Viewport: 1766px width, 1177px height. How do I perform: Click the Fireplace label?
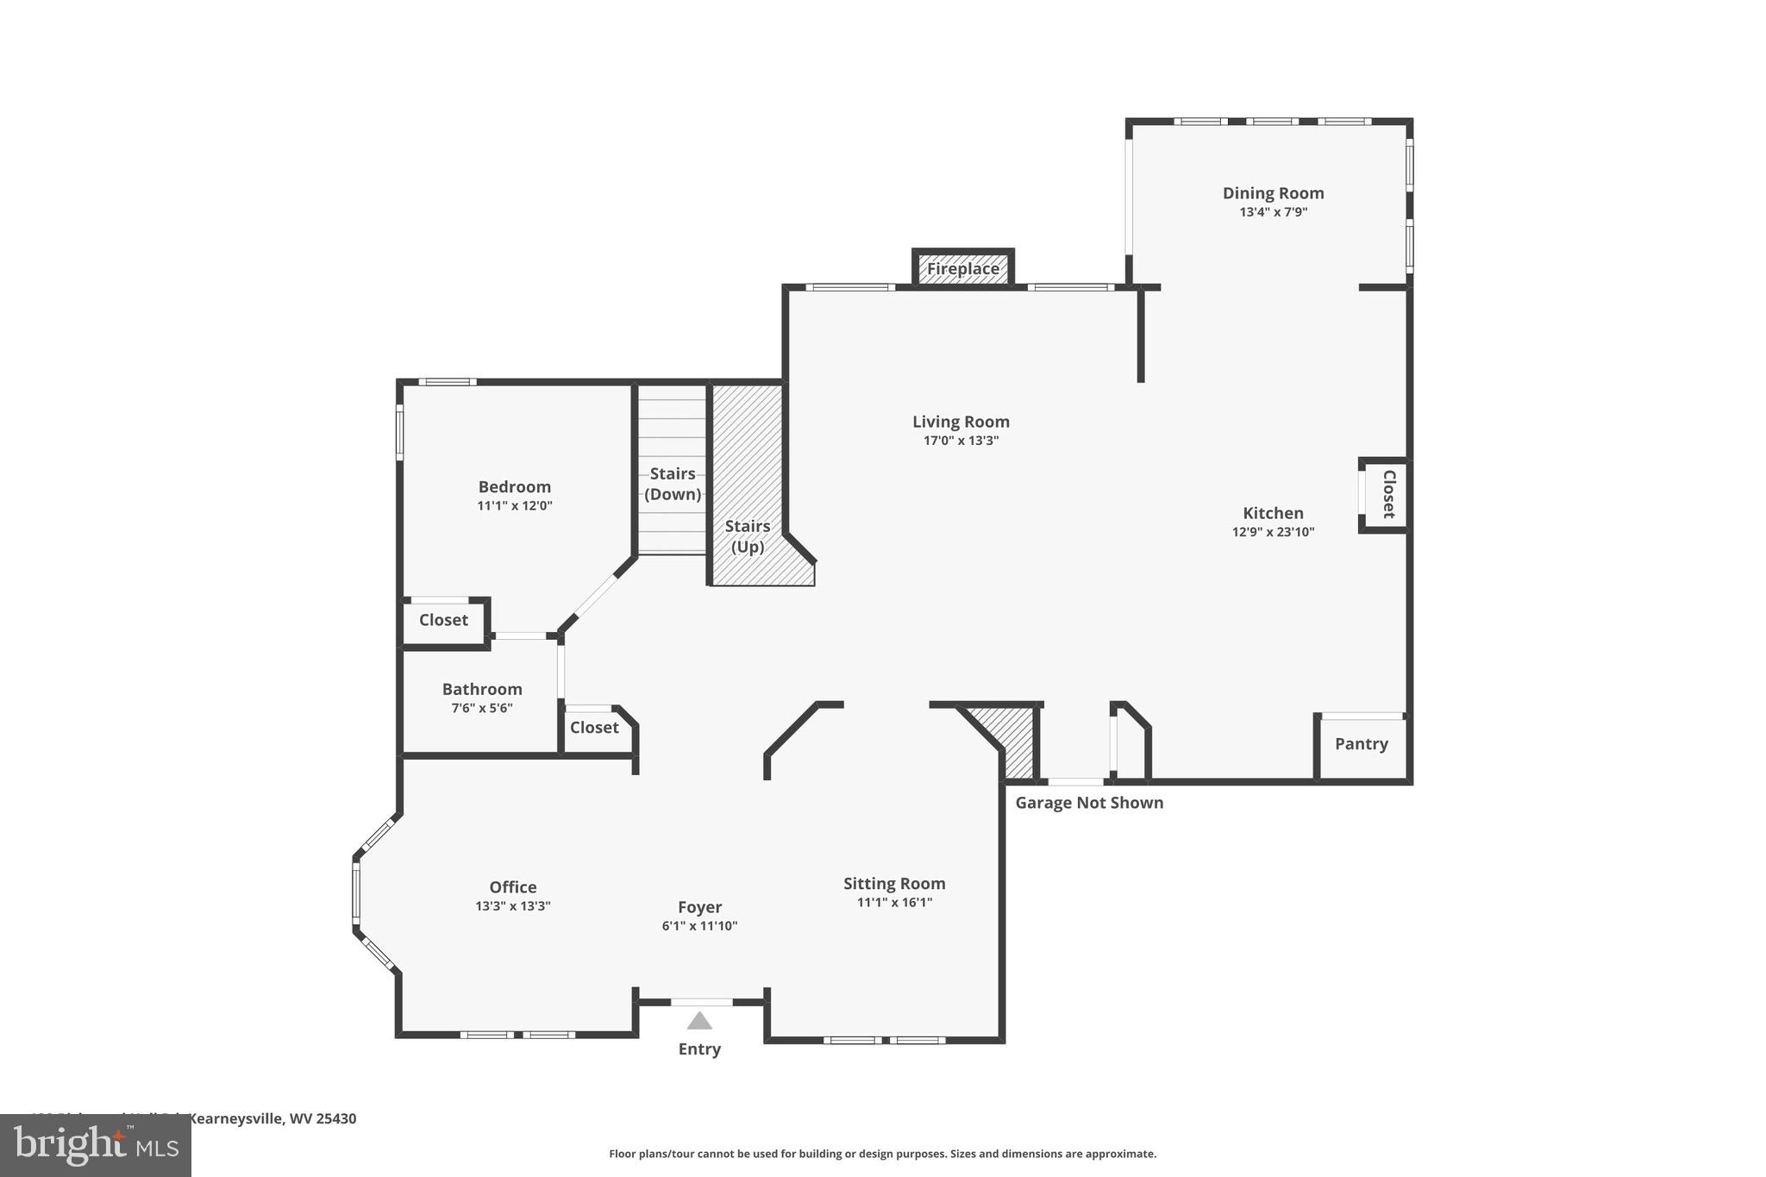963,269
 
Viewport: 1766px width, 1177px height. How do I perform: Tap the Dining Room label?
1273,193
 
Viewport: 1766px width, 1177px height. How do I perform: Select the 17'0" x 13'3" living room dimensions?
961,441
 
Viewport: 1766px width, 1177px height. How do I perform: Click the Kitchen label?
1273,513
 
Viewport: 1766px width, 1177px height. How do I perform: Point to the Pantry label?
1361,744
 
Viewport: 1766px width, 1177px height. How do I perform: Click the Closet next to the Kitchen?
1388,494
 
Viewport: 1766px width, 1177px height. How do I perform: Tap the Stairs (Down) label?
673,484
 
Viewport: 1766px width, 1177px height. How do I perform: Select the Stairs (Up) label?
748,536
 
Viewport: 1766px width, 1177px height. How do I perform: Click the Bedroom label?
515,487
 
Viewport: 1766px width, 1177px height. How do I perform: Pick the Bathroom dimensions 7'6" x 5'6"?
482,708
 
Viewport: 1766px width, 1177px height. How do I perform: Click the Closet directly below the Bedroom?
443,620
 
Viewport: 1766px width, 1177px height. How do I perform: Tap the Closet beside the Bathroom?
594,728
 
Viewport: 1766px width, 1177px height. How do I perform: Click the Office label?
513,887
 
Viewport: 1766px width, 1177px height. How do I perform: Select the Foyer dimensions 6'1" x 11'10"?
699,926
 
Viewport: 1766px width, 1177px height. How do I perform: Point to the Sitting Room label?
894,884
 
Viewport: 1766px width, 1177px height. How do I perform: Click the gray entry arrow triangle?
699,1022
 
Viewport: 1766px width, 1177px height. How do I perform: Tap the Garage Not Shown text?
1089,803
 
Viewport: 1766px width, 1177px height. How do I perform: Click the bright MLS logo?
95,1145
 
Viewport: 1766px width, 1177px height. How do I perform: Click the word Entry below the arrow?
699,1049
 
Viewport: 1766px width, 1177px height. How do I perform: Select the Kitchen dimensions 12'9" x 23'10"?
1273,532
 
